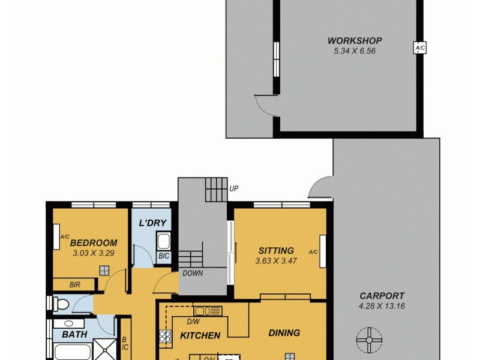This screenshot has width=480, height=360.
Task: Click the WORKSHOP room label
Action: click(354, 41)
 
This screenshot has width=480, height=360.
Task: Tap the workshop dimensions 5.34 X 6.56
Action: click(354, 51)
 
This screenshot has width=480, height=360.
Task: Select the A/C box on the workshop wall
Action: click(419, 48)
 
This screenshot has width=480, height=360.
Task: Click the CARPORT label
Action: click(382, 296)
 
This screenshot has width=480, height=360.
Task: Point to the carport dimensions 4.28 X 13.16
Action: click(382, 306)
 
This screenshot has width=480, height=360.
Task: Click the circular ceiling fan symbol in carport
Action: click(368, 340)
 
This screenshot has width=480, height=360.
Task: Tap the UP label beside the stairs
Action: click(233, 188)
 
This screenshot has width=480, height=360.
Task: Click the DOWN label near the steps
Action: click(193, 273)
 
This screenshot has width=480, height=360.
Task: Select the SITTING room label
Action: click(276, 250)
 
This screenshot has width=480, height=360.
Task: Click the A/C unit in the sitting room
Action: click(323, 251)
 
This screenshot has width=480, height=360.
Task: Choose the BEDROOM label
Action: click(94, 243)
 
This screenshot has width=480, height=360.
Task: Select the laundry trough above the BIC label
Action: click(163, 242)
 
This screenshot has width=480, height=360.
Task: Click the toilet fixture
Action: click(60, 304)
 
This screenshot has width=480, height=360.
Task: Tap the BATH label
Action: click(74, 334)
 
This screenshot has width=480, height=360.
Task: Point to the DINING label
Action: click(284, 333)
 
